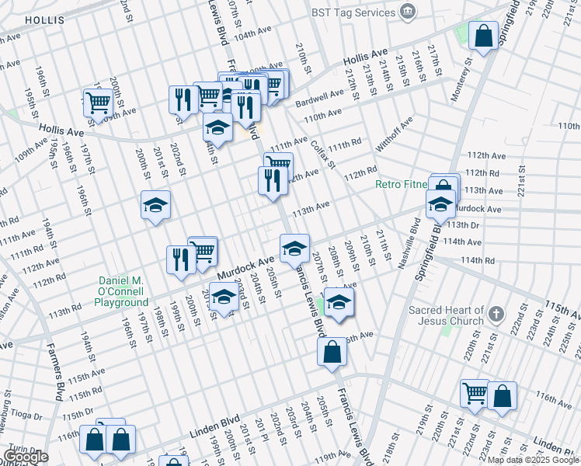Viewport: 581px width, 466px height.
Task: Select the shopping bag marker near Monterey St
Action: point(483,37)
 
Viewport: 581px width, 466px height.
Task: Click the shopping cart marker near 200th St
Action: point(99,103)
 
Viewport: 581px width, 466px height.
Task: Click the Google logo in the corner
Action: point(26,457)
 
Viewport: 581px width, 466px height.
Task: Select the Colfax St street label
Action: point(322,149)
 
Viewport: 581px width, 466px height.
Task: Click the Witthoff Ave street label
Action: point(395,136)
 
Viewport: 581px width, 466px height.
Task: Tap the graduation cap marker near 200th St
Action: point(155,207)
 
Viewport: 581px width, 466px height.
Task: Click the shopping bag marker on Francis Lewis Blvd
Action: point(332,352)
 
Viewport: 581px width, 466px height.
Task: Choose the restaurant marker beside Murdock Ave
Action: point(180,259)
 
